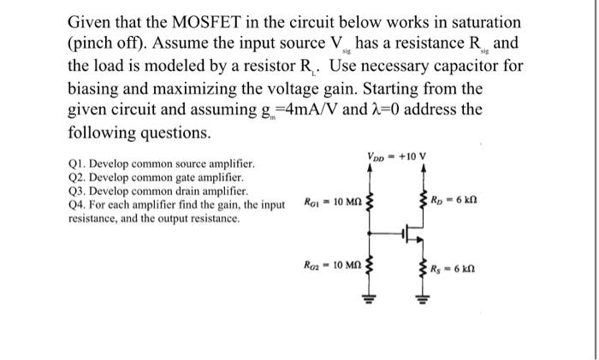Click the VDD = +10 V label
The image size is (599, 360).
(x=395, y=157)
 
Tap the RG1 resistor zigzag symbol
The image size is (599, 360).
(x=370, y=203)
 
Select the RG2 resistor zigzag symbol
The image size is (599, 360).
(x=370, y=268)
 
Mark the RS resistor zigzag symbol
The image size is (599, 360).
(x=421, y=268)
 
